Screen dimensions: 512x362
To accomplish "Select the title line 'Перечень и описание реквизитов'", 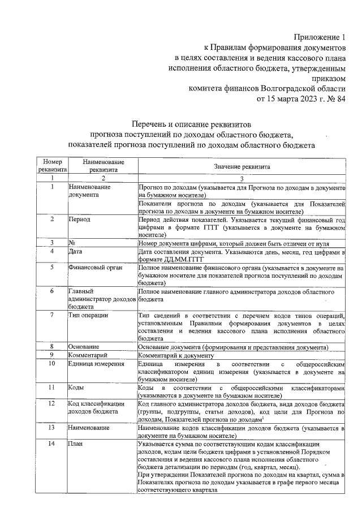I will (194, 123).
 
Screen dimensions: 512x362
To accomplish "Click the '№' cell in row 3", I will (72, 243).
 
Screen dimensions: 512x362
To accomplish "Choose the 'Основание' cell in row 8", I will (84, 346).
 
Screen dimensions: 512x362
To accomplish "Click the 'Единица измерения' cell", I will (96, 364).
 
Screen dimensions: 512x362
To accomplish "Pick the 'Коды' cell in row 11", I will (77, 389).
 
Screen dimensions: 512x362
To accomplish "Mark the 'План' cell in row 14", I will (76, 444).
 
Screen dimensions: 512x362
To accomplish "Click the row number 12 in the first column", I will (52, 404).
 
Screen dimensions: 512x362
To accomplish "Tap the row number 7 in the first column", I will (52, 315).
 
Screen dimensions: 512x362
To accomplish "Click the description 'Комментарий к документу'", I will (174, 355).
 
